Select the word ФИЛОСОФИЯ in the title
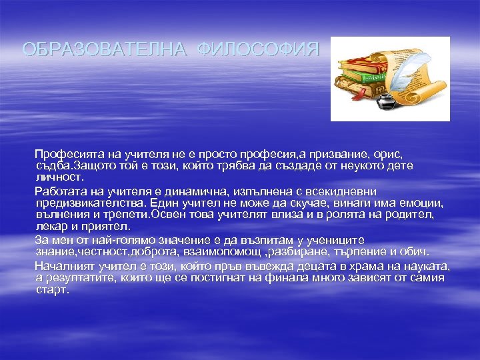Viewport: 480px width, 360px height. [x=259, y=49]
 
